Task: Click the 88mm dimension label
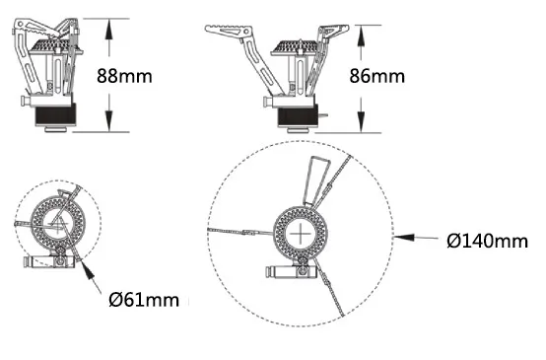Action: (124, 76)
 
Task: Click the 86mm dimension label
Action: (377, 76)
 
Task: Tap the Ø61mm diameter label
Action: (144, 300)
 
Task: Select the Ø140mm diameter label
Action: (488, 241)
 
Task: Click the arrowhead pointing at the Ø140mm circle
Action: (404, 238)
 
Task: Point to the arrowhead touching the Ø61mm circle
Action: (88, 269)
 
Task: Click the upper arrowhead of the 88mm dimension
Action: (109, 30)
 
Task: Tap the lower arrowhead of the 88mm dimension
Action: (109, 121)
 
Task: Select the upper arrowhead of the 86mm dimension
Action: (361, 36)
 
